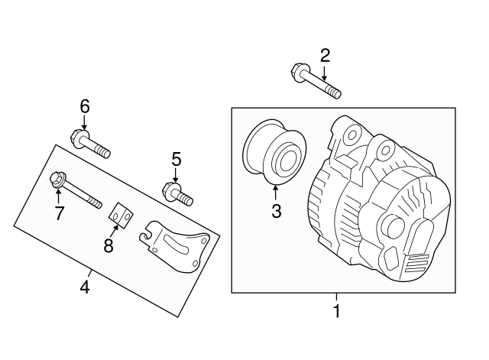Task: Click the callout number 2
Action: click(x=325, y=55)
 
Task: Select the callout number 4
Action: click(x=86, y=287)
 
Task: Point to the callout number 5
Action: click(x=176, y=159)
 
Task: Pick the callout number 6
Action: click(x=85, y=105)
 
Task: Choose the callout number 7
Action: click(x=59, y=212)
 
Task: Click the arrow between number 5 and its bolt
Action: click(x=176, y=176)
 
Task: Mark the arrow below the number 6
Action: click(x=85, y=122)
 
